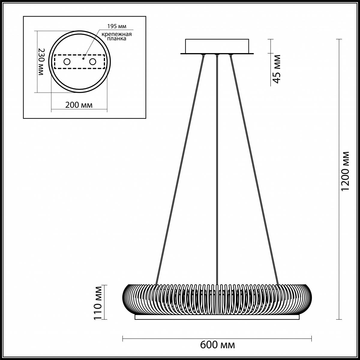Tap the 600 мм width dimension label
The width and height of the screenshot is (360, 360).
pos(217,345)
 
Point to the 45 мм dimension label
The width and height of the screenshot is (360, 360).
pos(276,69)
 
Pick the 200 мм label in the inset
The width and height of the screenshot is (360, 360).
pos(79,105)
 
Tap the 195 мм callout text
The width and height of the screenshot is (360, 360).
pos(115,26)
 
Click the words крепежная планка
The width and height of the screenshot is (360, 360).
pos(116,36)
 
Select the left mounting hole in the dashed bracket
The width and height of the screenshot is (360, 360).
pos(67,62)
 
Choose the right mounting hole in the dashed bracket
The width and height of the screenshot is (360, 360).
pos(93,62)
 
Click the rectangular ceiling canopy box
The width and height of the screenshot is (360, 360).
pos(217,46)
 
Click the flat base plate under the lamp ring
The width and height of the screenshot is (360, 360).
pos(217,317)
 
